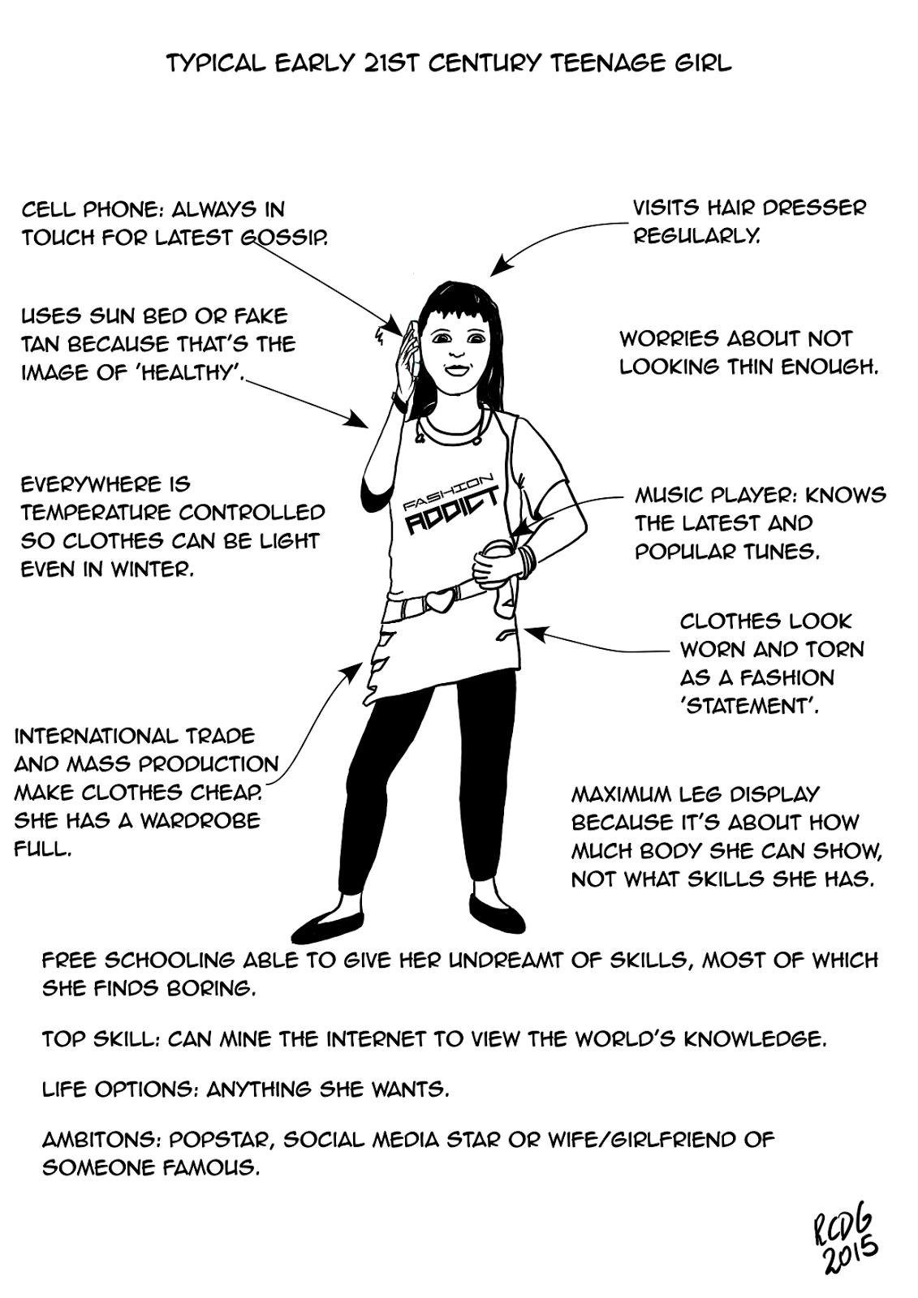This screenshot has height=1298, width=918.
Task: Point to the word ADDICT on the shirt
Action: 451,511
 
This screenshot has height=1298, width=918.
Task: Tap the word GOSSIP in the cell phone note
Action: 283,238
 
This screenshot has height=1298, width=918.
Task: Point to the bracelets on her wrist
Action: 528,561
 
